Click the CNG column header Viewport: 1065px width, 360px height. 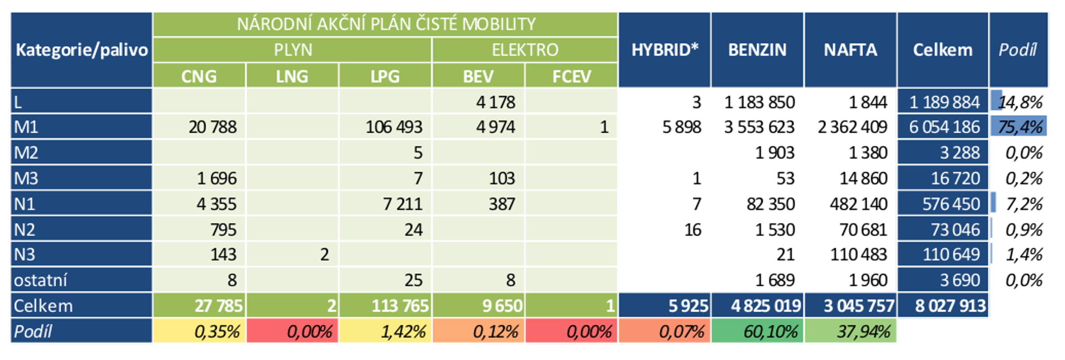click(199, 76)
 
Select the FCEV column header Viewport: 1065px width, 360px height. click(571, 76)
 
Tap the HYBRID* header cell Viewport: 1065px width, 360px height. click(664, 50)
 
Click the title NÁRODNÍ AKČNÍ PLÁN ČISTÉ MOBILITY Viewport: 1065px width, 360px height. click(386, 24)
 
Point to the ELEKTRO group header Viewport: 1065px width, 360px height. click(525, 50)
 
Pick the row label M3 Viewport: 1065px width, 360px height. click(26, 178)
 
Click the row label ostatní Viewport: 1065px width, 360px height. click(40, 281)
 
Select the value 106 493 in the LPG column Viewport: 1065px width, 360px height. click(394, 127)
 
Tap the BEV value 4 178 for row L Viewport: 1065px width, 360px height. click(495, 103)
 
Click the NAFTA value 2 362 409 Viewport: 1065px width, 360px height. click(852, 127)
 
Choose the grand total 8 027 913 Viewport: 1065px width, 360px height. click(950, 306)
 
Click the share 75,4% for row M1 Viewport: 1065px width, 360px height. click(1020, 127)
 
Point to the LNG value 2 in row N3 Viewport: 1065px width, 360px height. click(324, 255)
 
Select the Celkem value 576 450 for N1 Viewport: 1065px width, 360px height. click(951, 204)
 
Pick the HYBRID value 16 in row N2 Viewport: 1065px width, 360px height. click(692, 230)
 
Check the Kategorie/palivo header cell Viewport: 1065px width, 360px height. click(82, 50)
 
